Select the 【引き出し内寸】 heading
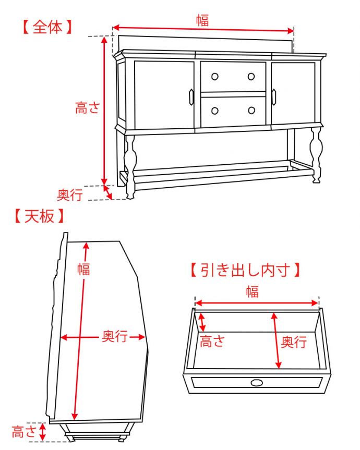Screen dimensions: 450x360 245,270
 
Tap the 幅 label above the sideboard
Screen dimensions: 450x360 202,20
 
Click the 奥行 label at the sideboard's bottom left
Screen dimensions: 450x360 70,195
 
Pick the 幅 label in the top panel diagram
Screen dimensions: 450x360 83,269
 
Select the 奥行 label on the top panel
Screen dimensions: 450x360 115,337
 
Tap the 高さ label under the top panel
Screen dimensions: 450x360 24,432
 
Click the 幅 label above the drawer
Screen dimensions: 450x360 253,291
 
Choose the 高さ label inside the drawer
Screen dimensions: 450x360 212,342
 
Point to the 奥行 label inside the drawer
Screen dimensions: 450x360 294,342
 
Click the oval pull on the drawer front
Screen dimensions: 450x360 257,383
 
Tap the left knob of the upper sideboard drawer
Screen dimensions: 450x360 214,76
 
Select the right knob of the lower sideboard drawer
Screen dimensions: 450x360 251,110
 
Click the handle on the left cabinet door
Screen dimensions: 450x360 191,96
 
